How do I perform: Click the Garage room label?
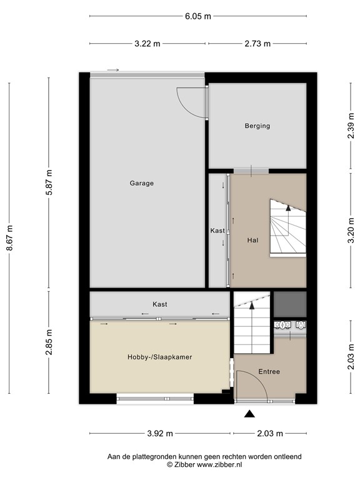[x=142, y=183]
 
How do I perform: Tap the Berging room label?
[x=257, y=126]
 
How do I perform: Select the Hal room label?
[x=252, y=239]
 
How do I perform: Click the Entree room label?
[x=269, y=372]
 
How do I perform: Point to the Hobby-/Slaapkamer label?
[x=159, y=357]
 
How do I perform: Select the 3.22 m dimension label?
[x=147, y=44]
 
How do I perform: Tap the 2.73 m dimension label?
[x=257, y=44]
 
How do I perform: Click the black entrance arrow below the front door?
[x=250, y=413]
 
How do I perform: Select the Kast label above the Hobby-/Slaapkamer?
[x=160, y=304]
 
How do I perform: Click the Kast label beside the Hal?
[x=217, y=231]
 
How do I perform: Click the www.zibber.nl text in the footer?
[x=216, y=466]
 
